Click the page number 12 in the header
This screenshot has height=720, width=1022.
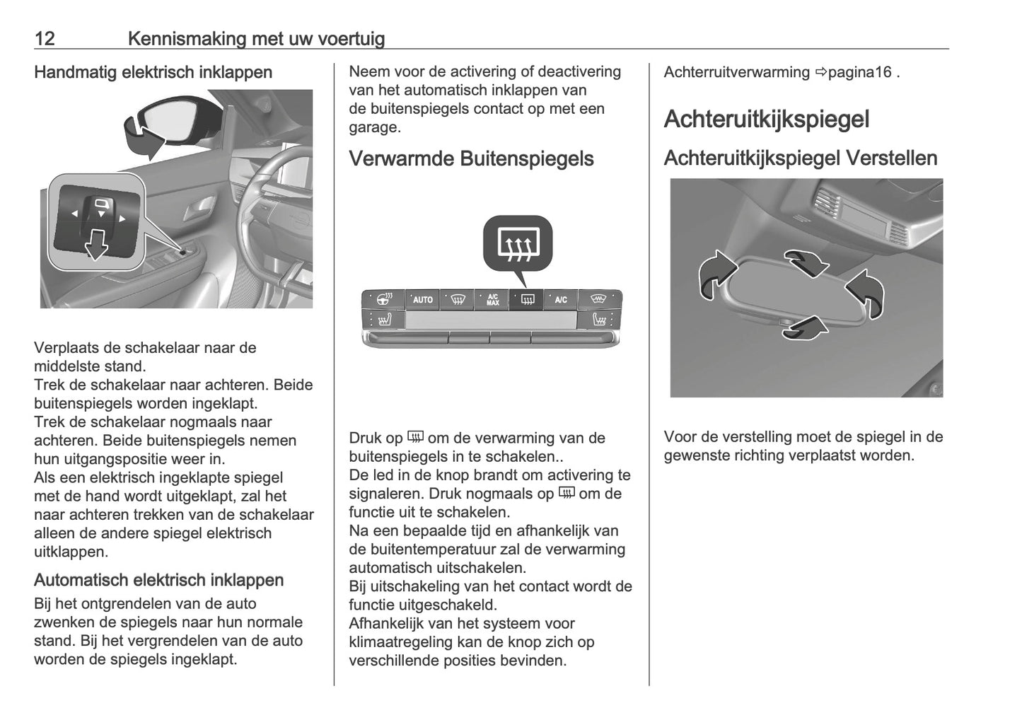45,38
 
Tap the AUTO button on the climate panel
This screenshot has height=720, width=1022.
422,300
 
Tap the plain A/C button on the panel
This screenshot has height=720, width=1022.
561,300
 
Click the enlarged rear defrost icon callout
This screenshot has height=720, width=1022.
518,244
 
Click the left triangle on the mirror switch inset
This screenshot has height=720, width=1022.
74,214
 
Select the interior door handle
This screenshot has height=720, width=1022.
199,207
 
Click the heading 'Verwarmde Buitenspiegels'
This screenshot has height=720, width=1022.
471,158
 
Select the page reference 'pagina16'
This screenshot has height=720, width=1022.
859,72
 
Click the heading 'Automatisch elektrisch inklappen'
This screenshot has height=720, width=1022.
158,580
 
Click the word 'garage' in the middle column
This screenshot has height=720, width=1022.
373,127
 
